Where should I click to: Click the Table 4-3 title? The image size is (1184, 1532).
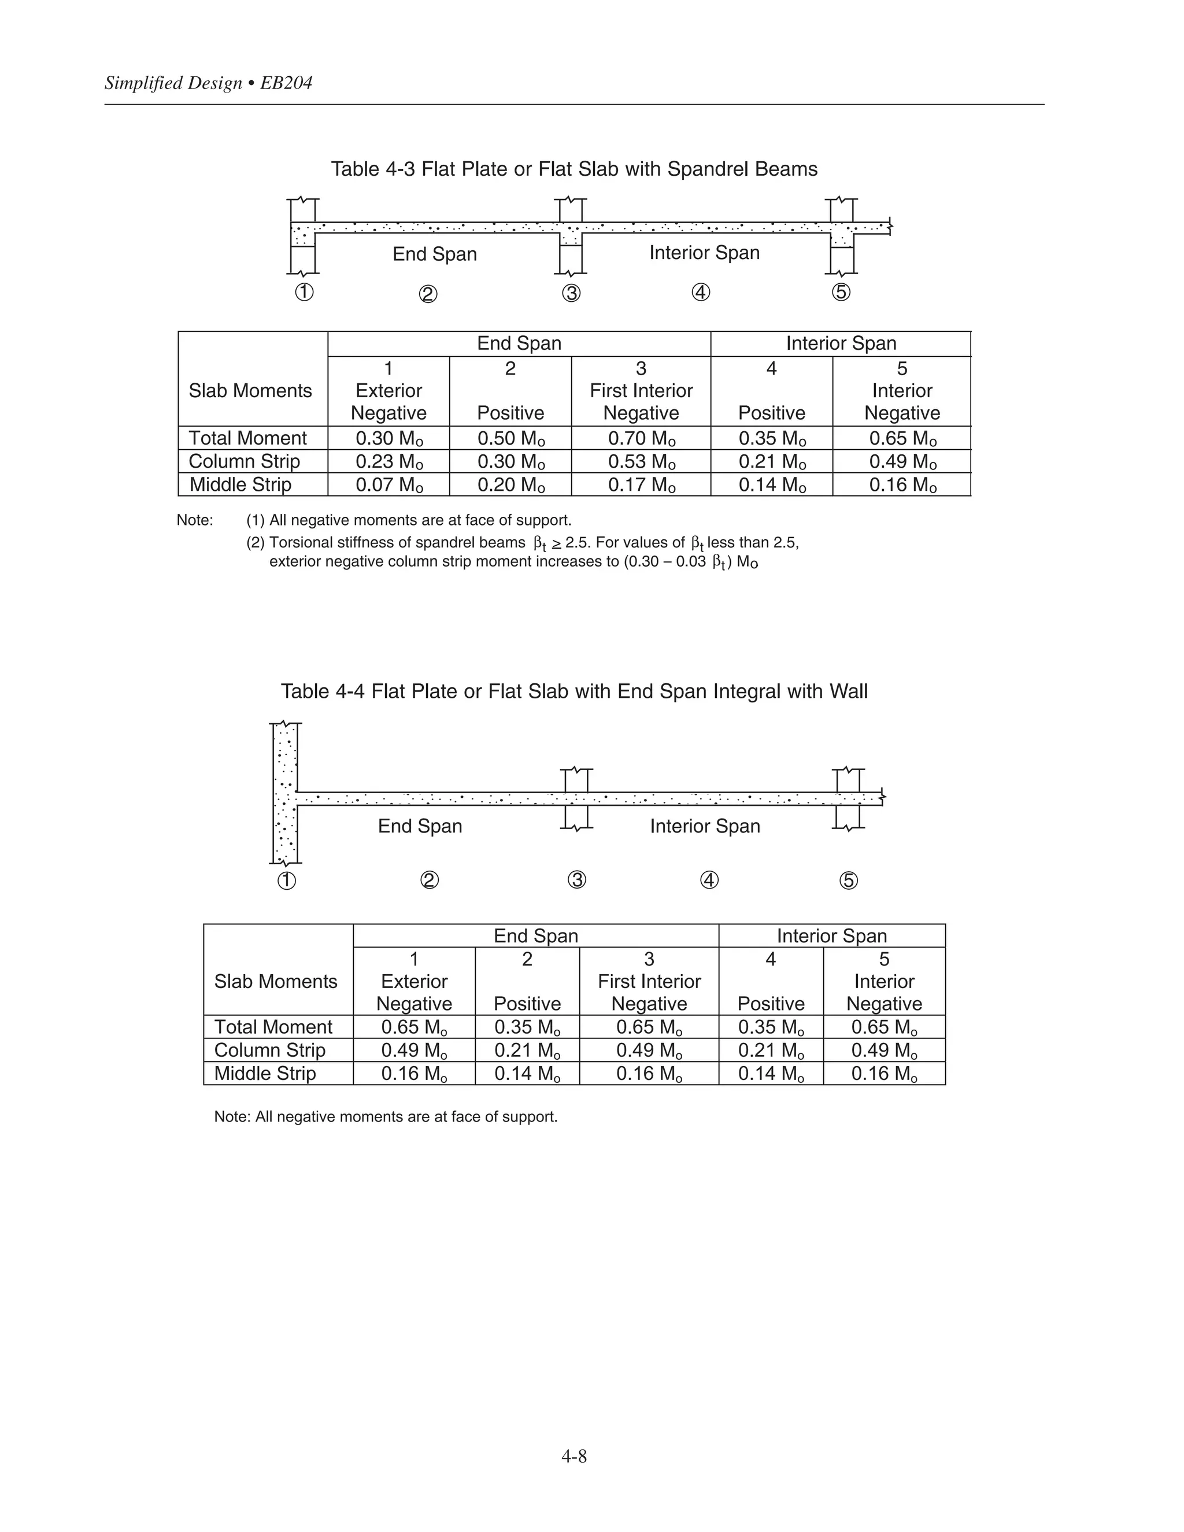(x=573, y=169)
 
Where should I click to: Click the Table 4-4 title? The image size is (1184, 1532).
(x=573, y=691)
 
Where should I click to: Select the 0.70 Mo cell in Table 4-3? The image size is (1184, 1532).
(x=641, y=438)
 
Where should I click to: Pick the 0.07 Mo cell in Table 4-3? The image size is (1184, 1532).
(x=388, y=484)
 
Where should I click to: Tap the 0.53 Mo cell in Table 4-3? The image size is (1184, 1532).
(x=641, y=461)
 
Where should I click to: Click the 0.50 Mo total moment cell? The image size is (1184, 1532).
(x=510, y=438)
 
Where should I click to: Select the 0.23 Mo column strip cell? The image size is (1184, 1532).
(x=388, y=461)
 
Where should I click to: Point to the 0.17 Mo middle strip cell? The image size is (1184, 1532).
(x=641, y=484)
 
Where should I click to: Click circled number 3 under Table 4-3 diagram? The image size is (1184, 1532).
(x=572, y=293)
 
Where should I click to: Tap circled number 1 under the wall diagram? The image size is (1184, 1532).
(x=287, y=880)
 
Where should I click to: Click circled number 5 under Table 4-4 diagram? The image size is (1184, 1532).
(x=849, y=880)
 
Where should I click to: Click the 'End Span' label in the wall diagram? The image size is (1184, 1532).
(x=420, y=826)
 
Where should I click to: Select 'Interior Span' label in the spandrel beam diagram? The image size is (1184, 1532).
(x=704, y=253)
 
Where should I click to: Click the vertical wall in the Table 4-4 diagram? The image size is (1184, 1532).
(x=285, y=793)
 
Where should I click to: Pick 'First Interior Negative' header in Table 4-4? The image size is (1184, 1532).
(x=649, y=982)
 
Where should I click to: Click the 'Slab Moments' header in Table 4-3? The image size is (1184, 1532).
(x=250, y=391)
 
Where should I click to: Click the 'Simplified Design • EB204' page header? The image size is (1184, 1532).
(x=208, y=83)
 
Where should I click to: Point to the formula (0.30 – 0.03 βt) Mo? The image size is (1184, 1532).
(x=691, y=562)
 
